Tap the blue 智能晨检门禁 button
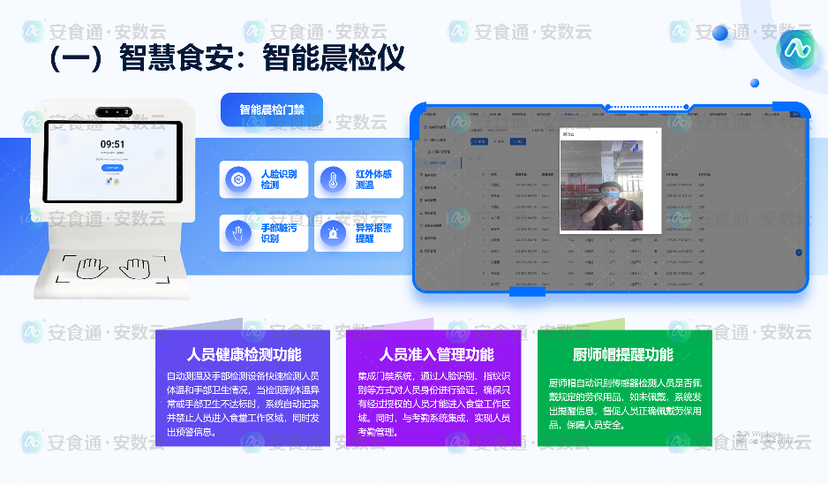tap(272, 110)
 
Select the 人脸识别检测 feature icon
tap(237, 179)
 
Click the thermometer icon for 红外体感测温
tap(333, 179)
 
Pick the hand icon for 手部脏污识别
tap(237, 233)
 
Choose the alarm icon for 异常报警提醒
tap(333, 233)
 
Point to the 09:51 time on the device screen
tap(112, 144)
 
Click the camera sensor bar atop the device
tap(112, 112)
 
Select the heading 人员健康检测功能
tap(244, 355)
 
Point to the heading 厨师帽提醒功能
tap(623, 355)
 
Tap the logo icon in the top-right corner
tap(796, 49)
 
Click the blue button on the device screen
tap(112, 167)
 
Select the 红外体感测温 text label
tap(373, 179)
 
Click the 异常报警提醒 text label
tap(373, 233)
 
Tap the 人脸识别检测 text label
tap(279, 179)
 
